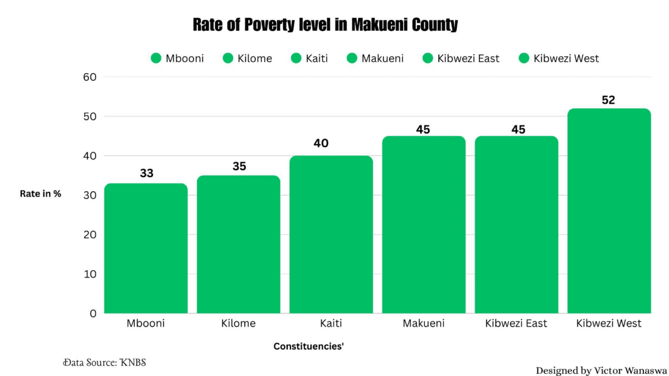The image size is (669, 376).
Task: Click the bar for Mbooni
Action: pyautogui.click(x=146, y=248)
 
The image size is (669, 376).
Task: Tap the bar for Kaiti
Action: pyautogui.click(x=331, y=235)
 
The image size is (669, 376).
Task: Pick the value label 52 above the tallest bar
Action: pyautogui.click(x=608, y=100)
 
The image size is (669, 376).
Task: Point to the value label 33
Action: pyautogui.click(x=147, y=173)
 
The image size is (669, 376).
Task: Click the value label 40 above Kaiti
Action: pyautogui.click(x=321, y=143)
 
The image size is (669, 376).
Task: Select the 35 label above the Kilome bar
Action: pyautogui.click(x=239, y=166)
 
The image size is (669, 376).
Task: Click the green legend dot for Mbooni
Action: pyautogui.click(x=156, y=58)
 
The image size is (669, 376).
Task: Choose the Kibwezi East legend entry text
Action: pyautogui.click(x=469, y=58)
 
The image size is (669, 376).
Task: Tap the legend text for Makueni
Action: pyautogui.click(x=382, y=58)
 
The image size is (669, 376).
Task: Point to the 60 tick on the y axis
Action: pyautogui.click(x=90, y=77)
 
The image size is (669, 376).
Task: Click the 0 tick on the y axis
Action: pyautogui.click(x=93, y=313)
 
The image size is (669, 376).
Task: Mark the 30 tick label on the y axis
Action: pyautogui.click(x=90, y=195)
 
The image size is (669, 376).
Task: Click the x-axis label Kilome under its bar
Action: pyautogui.click(x=238, y=323)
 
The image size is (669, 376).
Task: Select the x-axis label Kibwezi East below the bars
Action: pyautogui.click(x=516, y=323)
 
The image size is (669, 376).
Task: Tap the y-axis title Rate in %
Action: pyautogui.click(x=40, y=194)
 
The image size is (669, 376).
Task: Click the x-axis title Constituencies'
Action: pyautogui.click(x=308, y=346)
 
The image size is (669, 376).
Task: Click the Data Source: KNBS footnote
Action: pyautogui.click(x=104, y=362)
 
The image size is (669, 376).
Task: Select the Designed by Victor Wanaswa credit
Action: pyautogui.click(x=600, y=370)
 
